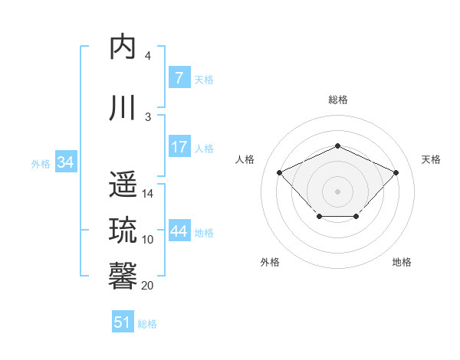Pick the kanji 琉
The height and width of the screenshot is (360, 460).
coord(123,230)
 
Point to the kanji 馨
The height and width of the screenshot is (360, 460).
coord(123,275)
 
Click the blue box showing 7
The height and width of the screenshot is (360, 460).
coord(179,77)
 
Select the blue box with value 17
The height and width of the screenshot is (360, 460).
coord(179,147)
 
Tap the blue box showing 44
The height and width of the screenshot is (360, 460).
coord(179,231)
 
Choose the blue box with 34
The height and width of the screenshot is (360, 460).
coord(65,162)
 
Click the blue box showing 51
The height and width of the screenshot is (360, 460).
coord(123,322)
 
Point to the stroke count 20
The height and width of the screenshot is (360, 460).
coord(148,286)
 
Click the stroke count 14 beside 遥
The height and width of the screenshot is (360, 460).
coord(148,194)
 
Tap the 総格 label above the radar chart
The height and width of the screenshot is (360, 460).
coord(338,100)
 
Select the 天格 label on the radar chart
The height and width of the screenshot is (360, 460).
coord(431,159)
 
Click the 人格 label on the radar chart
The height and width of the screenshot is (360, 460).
coord(245,159)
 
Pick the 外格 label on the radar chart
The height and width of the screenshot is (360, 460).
coord(269,262)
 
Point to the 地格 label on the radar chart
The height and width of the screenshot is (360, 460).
coord(402,262)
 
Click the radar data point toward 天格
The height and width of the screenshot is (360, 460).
coord(396,172)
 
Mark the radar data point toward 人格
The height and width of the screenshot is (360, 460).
coord(280,172)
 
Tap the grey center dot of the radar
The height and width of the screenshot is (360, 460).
coord(338,191)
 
